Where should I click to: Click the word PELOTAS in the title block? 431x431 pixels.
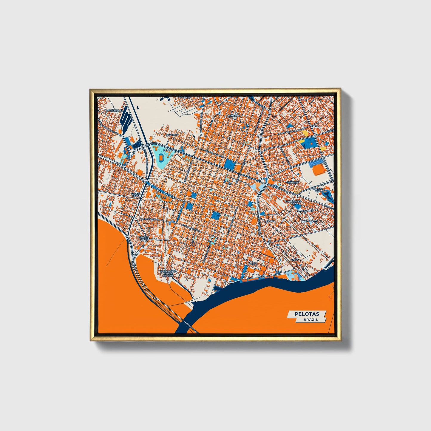(307, 314)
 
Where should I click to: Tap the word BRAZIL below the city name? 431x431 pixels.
(310, 319)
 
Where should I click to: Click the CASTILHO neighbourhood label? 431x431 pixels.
(172, 135)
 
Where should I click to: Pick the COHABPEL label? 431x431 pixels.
(233, 115)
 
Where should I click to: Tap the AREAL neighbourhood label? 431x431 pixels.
(315, 126)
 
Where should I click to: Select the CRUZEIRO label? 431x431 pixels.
(293, 182)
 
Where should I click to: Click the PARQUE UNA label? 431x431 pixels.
(318, 190)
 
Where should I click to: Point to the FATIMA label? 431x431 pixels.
(271, 221)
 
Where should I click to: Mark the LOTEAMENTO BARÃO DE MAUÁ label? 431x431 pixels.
(169, 273)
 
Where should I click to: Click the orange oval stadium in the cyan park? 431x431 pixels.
(161, 157)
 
